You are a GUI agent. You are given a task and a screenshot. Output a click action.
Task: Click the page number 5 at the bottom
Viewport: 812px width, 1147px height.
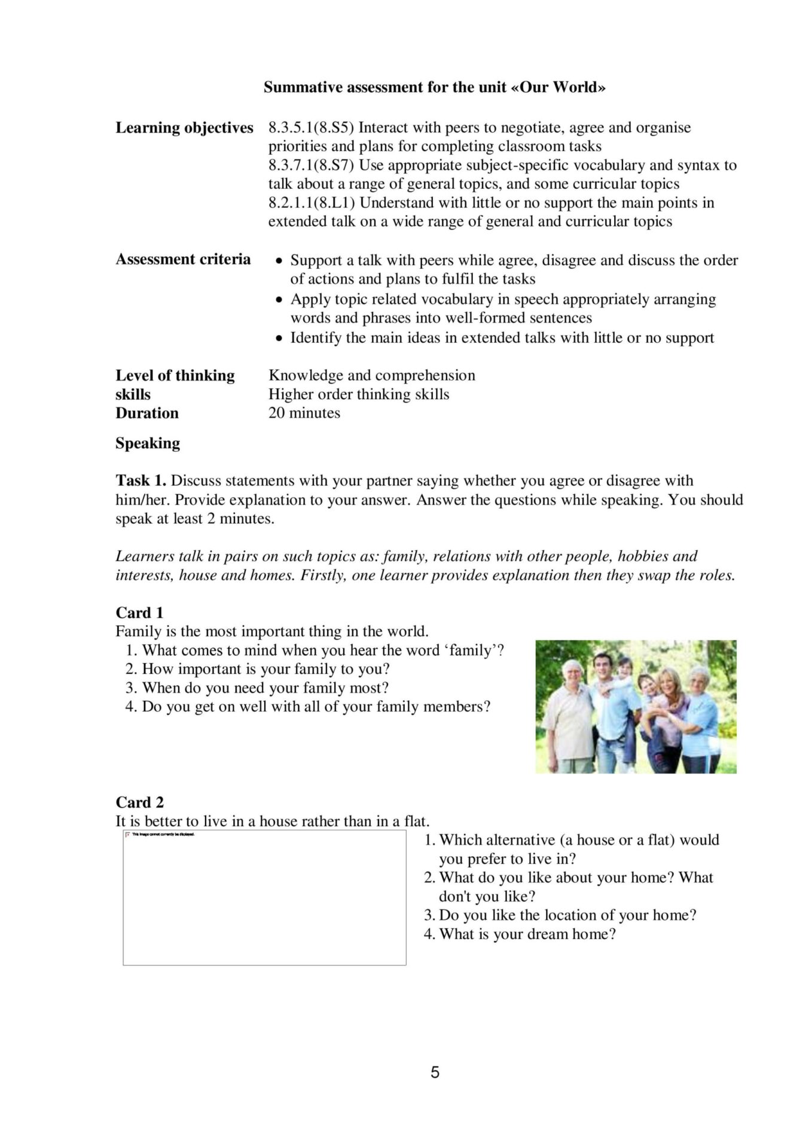click(x=435, y=1072)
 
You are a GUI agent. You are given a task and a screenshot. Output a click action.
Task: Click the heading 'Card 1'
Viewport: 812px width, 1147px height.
click(x=139, y=612)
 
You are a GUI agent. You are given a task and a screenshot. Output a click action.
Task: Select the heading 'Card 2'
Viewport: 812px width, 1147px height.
click(x=139, y=802)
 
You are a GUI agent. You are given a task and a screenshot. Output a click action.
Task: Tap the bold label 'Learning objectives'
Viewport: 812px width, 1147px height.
click(x=184, y=127)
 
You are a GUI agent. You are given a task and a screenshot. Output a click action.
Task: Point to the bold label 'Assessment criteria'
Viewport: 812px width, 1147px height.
click(x=183, y=259)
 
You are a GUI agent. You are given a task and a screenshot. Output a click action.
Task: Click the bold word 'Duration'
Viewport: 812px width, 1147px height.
click(x=147, y=413)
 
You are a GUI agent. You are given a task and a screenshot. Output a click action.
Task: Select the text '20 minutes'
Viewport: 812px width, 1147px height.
click(x=304, y=413)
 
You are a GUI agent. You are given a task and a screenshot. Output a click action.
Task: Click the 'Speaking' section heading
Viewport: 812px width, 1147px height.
click(x=148, y=443)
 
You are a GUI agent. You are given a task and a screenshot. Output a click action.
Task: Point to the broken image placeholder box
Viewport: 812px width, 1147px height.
click(x=264, y=897)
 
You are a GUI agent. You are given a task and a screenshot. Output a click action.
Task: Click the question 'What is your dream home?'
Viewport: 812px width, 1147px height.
click(x=527, y=934)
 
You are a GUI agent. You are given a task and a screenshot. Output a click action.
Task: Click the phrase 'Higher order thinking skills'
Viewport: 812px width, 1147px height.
click(x=359, y=394)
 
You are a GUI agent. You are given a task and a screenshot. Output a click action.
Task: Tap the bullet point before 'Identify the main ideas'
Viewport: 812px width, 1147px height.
click(x=279, y=339)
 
